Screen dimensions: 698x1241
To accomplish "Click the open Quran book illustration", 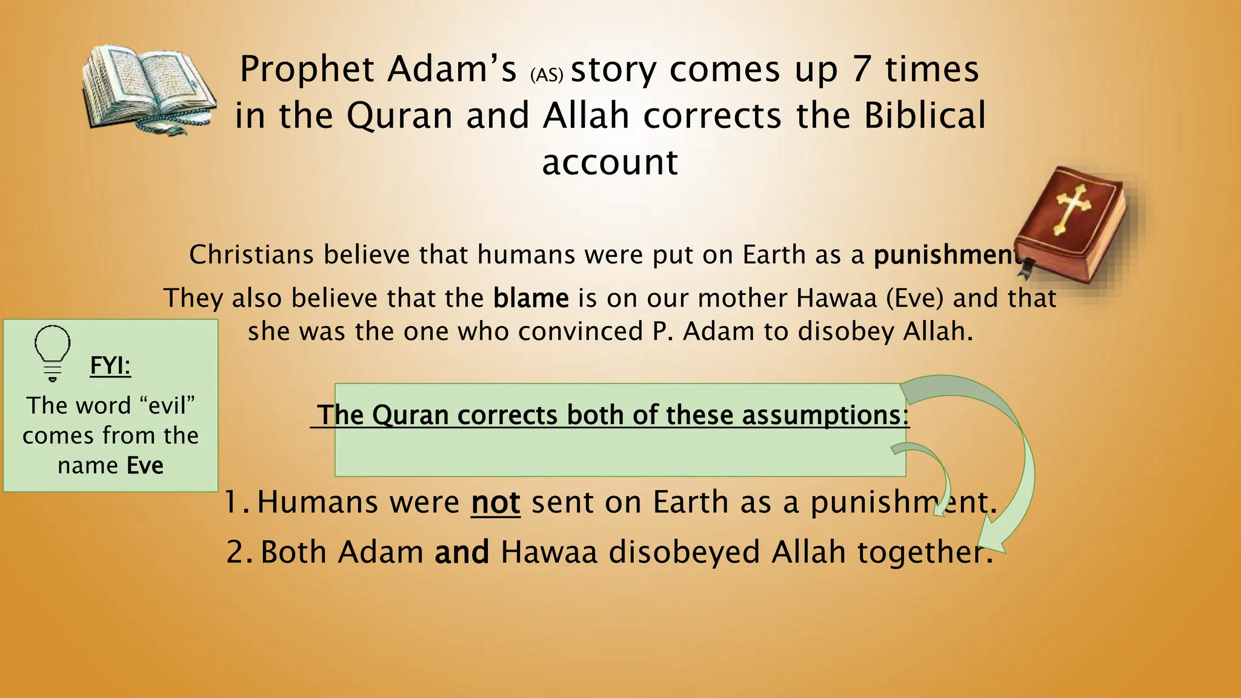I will pyautogui.click(x=148, y=89).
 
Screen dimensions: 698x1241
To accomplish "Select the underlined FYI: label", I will pyautogui.click(x=110, y=366).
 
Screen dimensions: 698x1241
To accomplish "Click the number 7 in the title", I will pyautogui.click(x=862, y=69).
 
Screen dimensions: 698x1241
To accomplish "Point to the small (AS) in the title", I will pyautogui.click(x=547, y=75).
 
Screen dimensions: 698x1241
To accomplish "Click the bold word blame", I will pyautogui.click(x=531, y=298).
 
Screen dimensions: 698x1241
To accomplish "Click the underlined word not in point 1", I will pyautogui.click(x=496, y=502).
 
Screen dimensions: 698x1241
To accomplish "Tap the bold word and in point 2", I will pyautogui.click(x=462, y=552).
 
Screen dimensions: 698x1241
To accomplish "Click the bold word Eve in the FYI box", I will pyautogui.click(x=145, y=465).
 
